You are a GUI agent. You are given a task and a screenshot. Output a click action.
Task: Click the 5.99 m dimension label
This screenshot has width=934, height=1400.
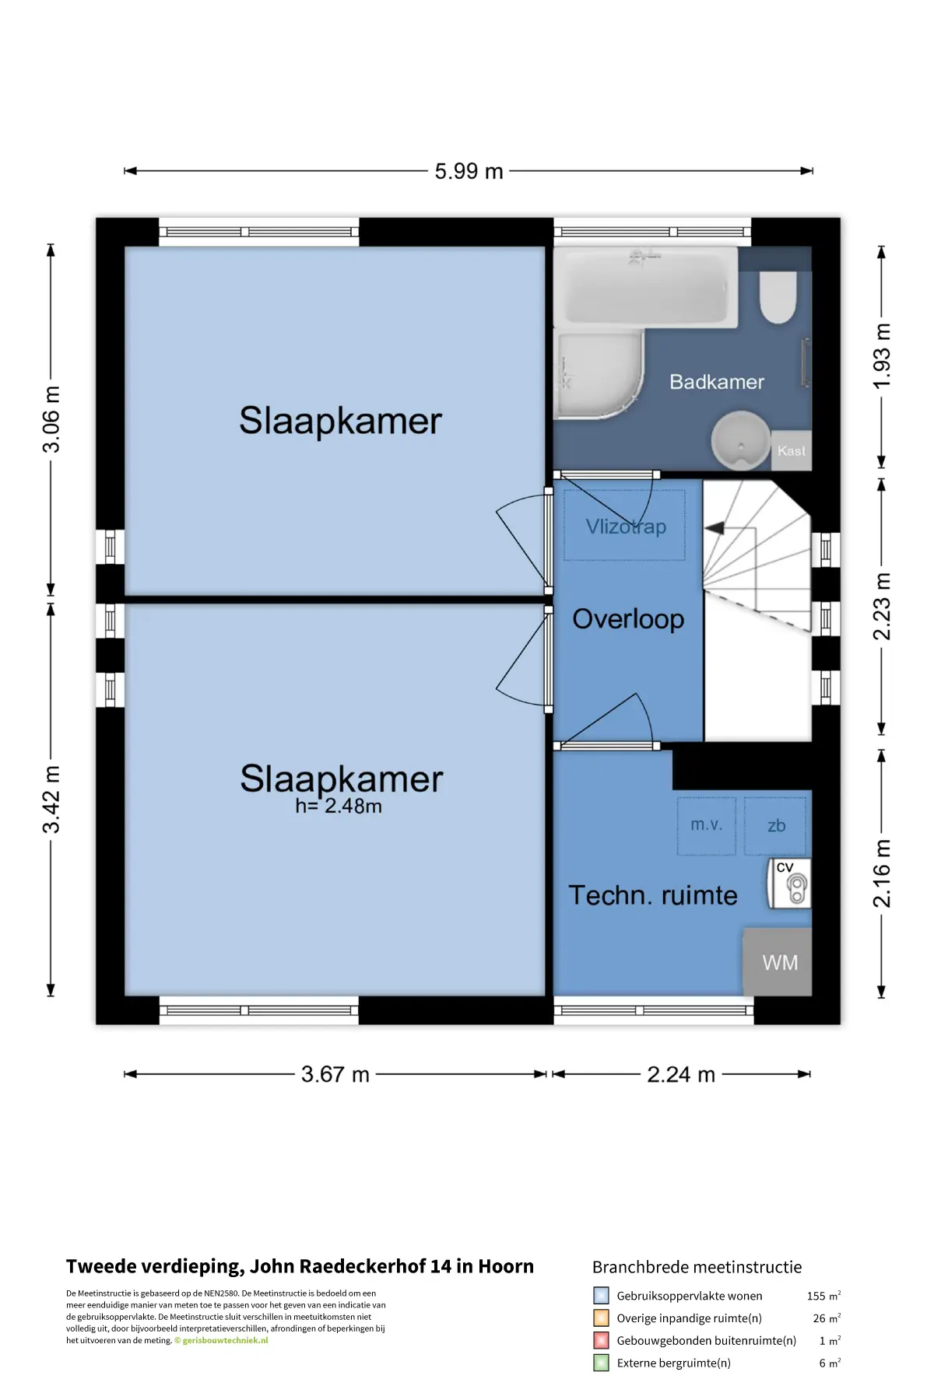coord(469,171)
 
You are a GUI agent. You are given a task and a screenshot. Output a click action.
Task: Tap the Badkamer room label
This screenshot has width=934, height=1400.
coord(717,382)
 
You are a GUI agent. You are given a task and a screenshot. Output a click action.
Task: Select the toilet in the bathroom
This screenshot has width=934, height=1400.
coord(778,296)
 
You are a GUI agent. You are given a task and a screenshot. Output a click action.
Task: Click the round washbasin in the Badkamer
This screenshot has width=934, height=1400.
coord(740,440)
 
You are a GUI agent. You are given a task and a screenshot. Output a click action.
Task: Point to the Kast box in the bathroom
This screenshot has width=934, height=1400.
coord(792,451)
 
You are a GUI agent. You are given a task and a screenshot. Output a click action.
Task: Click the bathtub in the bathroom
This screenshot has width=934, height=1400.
coord(646,286)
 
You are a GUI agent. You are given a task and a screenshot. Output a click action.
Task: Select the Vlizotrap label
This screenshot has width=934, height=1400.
coord(626,527)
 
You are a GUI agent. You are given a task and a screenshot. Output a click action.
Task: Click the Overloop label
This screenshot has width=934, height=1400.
coord(628,619)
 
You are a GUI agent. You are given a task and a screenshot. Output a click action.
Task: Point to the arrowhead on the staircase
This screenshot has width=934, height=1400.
coord(715,528)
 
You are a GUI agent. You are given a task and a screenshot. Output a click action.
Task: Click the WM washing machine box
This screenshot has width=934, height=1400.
coord(778,962)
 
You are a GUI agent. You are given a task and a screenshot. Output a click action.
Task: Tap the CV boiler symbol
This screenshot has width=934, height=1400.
coord(790,884)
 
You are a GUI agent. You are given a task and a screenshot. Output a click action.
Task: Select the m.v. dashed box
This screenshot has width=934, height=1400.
coord(706,825)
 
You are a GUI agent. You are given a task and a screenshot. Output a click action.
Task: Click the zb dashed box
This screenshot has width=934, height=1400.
coord(776,825)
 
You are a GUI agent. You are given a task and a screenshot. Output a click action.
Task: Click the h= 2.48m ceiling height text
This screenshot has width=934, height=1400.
coord(339,807)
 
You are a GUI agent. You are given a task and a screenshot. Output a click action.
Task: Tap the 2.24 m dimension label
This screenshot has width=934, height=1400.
coord(681,1075)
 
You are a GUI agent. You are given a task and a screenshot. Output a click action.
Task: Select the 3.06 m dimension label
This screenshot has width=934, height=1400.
coord(51,419)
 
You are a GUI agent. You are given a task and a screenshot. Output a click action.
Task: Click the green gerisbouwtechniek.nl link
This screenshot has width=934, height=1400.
coord(225,1340)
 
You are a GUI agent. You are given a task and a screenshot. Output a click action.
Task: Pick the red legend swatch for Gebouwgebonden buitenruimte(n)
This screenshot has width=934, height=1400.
coord(601,1340)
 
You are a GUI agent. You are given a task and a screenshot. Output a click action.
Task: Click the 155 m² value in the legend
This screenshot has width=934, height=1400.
coord(823,1296)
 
